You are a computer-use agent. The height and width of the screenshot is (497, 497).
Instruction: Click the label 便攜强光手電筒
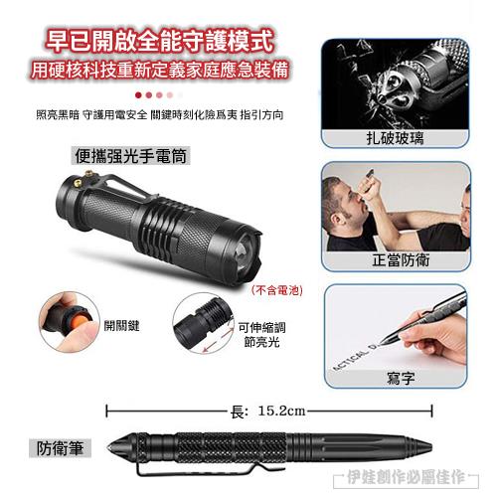tap(130, 156)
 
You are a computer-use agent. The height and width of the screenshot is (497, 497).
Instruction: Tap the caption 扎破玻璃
tap(395, 138)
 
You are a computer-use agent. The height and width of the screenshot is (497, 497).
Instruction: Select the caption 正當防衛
tap(401, 260)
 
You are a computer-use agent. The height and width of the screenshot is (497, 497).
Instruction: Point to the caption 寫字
tap(401, 378)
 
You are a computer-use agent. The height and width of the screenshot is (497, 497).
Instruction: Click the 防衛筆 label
tap(60, 448)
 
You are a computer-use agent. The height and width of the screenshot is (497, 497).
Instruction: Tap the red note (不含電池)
tap(277, 290)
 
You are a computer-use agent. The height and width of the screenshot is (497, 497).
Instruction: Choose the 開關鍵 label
tap(121, 326)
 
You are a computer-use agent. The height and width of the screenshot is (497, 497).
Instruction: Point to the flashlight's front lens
tap(244, 250)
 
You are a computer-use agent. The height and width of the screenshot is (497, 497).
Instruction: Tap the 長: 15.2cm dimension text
tap(267, 412)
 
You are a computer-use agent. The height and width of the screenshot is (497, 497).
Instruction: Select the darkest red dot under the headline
tap(138, 95)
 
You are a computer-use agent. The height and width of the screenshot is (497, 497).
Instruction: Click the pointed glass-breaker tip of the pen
tap(109, 447)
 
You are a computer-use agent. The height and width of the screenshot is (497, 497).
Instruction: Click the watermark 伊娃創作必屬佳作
tap(407, 477)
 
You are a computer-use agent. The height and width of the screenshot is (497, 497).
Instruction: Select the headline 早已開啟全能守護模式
tap(159, 41)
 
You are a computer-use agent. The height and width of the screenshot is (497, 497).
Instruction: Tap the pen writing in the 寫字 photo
tap(423, 317)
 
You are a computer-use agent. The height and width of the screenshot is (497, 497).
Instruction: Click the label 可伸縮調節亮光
tap(261, 335)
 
